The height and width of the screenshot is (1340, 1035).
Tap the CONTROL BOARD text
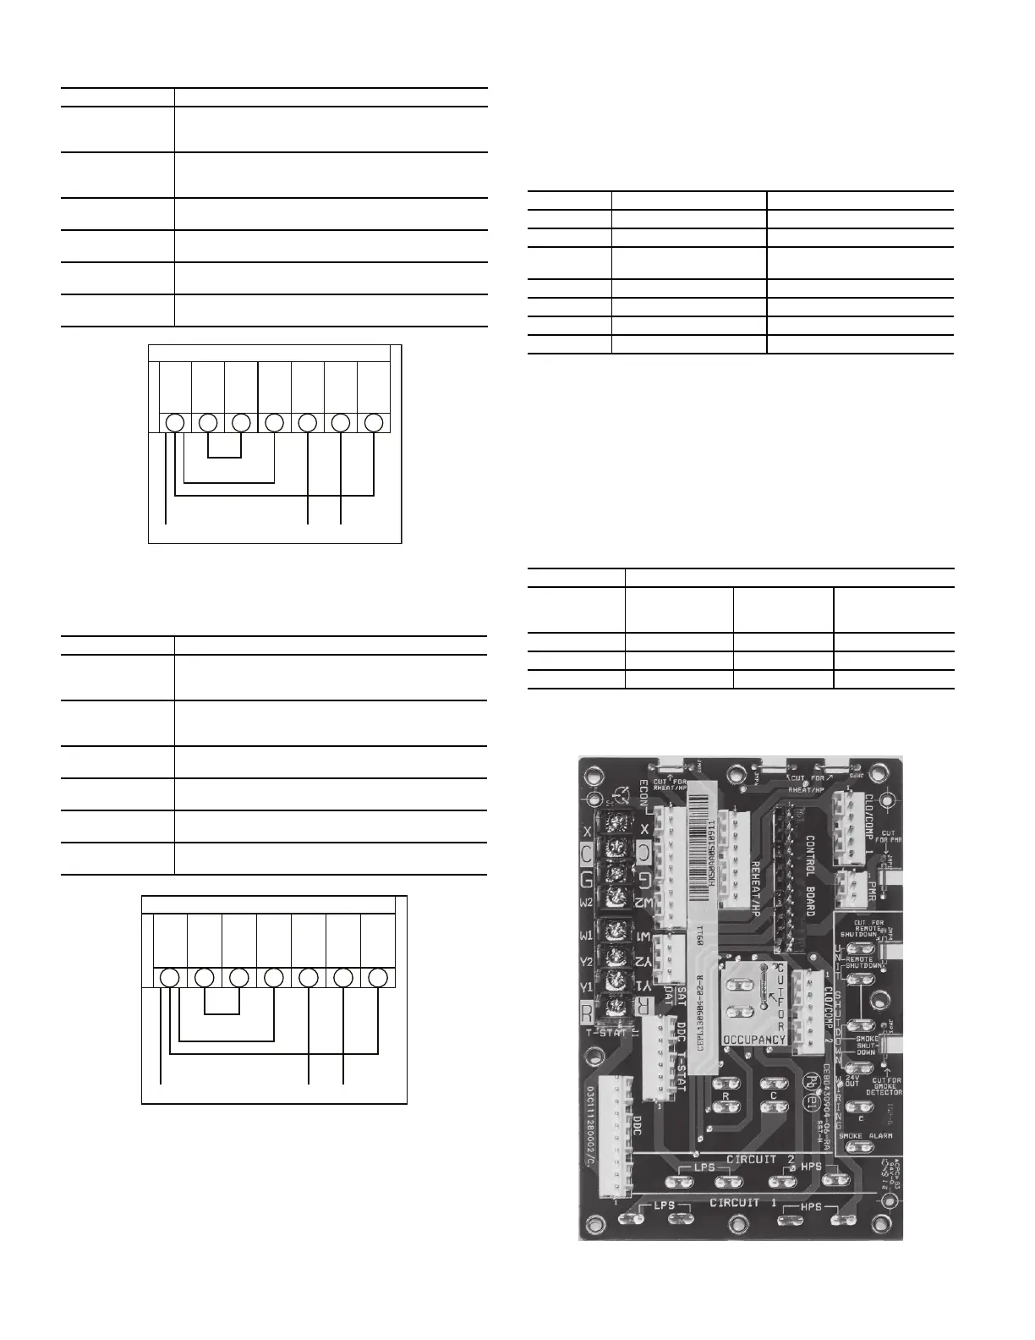808,876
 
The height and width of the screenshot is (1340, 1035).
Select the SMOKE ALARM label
866,1135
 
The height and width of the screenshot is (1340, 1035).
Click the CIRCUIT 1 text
742,1202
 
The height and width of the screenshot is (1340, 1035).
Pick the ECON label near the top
643,794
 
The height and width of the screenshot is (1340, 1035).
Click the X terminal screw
613,823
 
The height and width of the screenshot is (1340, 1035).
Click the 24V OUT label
852,1080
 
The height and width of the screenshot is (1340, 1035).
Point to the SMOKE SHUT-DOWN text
866,1045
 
